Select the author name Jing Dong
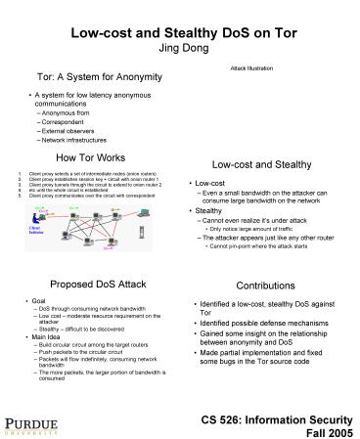point(180,49)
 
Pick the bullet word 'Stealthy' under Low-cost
point(214,208)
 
